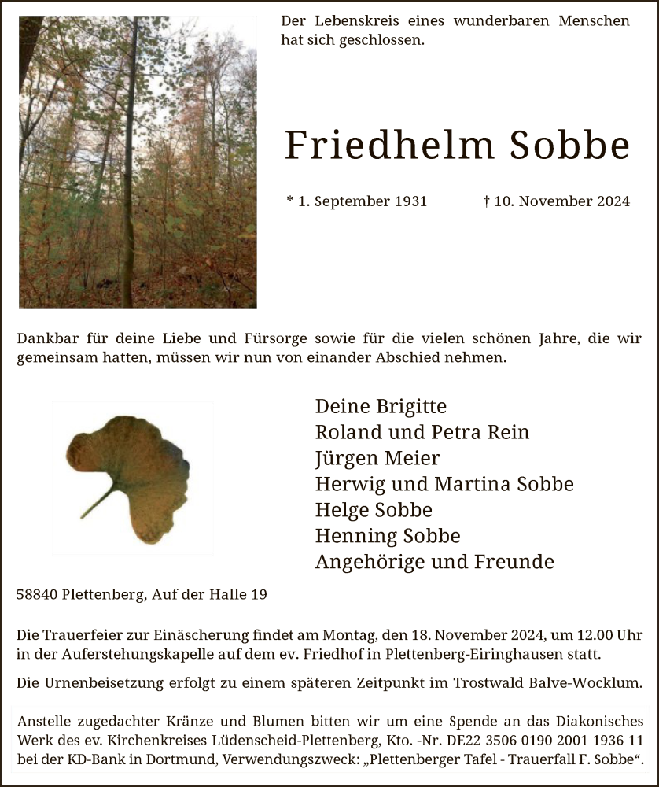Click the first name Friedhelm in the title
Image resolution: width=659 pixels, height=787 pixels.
(x=389, y=146)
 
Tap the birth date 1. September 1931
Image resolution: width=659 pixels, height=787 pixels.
(x=357, y=201)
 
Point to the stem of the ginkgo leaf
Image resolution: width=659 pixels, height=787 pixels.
(x=98, y=503)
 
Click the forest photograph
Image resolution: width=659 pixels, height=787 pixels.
(x=138, y=161)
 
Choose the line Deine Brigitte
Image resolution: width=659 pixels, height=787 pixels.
(x=381, y=407)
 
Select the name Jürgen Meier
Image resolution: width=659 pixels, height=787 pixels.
(x=377, y=459)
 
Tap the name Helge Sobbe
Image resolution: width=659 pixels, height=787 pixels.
(x=374, y=510)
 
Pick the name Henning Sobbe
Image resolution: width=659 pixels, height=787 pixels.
(x=388, y=536)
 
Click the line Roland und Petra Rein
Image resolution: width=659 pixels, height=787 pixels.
(x=422, y=433)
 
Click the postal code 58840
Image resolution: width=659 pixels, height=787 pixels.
(x=38, y=595)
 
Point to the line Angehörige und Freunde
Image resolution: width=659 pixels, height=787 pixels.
(x=434, y=562)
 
